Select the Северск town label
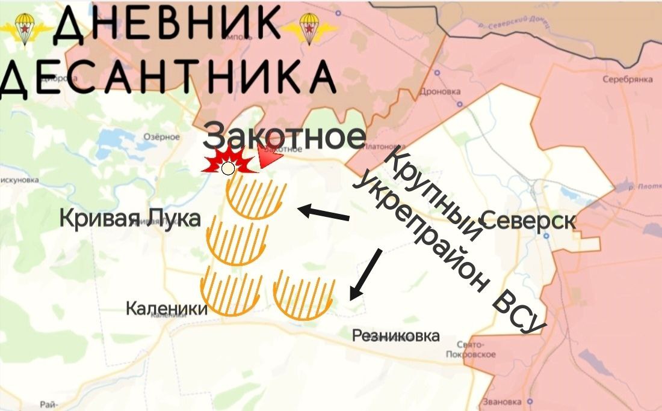[528, 221]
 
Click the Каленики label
[166, 309]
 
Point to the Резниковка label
[395, 336]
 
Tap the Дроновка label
[441, 92]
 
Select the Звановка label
[501, 402]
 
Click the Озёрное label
[161, 137]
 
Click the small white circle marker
[228, 168]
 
